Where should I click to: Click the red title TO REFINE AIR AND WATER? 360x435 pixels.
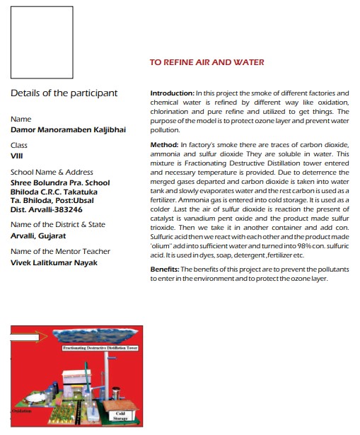click(x=207, y=62)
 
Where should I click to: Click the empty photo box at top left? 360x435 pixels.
click(x=42, y=42)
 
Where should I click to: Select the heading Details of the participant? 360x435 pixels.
click(x=64, y=93)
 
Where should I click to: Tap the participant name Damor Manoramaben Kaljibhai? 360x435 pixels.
click(x=68, y=130)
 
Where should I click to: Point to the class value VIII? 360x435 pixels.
click(x=17, y=156)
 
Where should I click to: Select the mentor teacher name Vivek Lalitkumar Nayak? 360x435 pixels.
click(x=54, y=262)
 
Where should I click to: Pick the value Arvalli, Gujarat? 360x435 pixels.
click(x=38, y=236)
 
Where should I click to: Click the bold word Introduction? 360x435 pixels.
click(x=173, y=93)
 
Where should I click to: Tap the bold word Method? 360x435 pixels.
click(x=164, y=145)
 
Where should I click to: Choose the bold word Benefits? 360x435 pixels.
click(x=165, y=269)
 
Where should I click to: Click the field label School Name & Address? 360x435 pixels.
click(x=52, y=172)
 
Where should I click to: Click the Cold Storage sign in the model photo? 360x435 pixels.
click(x=120, y=416)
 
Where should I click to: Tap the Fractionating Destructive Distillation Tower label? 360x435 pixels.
click(x=100, y=348)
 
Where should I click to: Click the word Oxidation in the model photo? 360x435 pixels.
click(x=21, y=411)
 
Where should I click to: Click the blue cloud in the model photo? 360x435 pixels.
click(x=95, y=336)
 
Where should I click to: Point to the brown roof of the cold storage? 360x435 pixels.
click(x=120, y=405)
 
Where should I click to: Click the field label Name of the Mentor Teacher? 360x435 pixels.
click(x=60, y=251)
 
